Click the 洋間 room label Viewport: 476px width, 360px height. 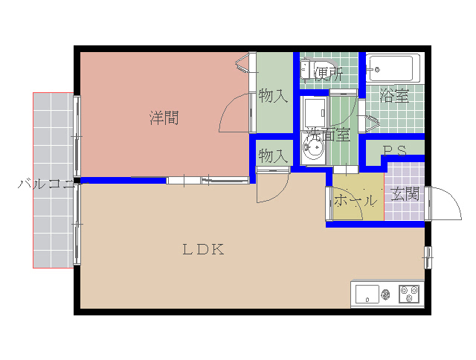164,118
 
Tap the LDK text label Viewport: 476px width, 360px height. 203,249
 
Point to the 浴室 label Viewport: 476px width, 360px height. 394,95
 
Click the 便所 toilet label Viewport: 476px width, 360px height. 329,74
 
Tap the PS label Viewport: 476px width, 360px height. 394,151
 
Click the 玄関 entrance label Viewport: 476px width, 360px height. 405,194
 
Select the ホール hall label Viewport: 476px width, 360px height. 356,201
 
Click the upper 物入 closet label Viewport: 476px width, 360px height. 273,95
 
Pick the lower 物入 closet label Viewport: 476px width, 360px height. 273,155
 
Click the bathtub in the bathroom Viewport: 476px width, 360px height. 393,68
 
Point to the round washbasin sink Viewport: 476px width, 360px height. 313,148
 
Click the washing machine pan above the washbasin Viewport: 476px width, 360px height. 315,112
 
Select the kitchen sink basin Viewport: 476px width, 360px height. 367,294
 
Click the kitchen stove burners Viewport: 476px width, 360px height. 409,294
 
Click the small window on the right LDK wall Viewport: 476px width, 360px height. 428,257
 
